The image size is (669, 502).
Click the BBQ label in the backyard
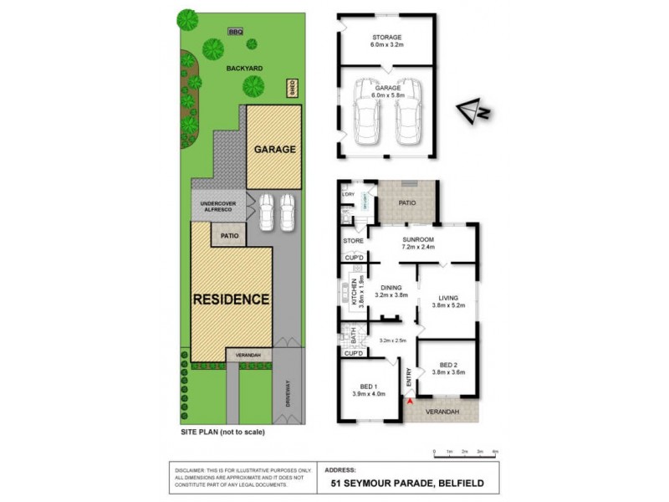pyautogui.click(x=233, y=33)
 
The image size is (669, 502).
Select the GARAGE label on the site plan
pyautogui.click(x=274, y=150)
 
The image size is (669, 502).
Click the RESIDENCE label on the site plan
pyautogui.click(x=231, y=298)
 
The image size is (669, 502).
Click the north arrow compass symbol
pyautogui.click(x=472, y=110)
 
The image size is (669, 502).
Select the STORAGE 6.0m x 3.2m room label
pyautogui.click(x=387, y=42)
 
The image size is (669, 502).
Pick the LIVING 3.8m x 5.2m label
pyautogui.click(x=449, y=302)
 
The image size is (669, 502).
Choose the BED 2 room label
pyautogui.click(x=448, y=369)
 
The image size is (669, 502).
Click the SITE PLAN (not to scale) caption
pyautogui.click(x=222, y=433)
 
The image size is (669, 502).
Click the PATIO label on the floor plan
pyautogui.click(x=407, y=201)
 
